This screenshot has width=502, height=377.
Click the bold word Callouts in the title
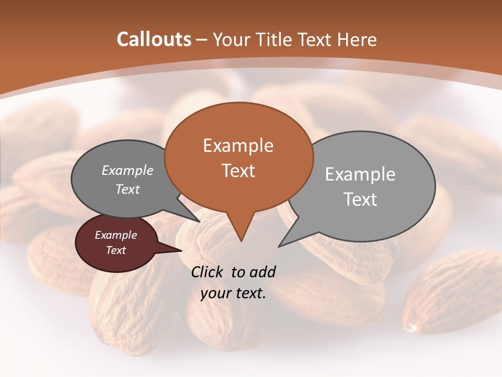tap(154, 39)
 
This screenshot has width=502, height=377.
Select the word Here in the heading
tap(357, 39)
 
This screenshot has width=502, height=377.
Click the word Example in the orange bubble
tap(238, 146)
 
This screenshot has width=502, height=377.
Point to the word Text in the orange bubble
tap(238, 171)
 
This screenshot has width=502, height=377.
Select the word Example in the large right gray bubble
tap(360, 174)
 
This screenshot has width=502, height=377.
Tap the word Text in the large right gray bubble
tap(360, 199)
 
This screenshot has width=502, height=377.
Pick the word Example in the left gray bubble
tap(128, 170)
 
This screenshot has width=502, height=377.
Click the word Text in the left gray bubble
tap(128, 189)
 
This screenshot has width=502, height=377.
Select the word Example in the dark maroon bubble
tap(116, 235)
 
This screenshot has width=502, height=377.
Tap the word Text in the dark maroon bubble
tap(116, 250)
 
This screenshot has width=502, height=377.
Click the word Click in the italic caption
tap(208, 272)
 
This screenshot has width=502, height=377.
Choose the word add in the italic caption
tap(262, 272)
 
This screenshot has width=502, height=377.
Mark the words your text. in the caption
tap(233, 293)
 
